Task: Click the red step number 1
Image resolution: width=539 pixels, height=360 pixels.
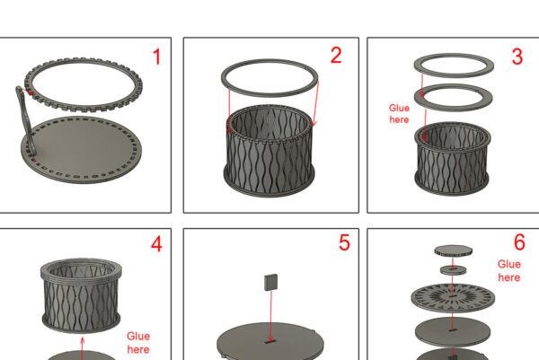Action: coord(156,57)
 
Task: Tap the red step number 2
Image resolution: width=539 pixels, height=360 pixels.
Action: coord(336,55)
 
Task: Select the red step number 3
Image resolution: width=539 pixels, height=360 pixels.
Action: coord(517,57)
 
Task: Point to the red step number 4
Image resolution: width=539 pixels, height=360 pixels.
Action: coord(156,244)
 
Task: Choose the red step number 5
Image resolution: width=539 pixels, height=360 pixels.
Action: coord(344,242)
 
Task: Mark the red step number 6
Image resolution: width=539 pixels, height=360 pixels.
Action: coord(519,241)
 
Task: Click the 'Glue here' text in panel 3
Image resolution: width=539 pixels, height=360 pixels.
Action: coord(399,114)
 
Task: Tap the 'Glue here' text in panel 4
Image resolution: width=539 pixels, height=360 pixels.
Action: coord(138,342)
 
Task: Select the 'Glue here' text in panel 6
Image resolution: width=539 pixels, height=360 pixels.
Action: coord(509,271)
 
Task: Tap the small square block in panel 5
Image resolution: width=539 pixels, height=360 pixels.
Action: coord(271,282)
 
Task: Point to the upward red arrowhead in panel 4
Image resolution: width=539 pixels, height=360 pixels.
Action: coord(83,340)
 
